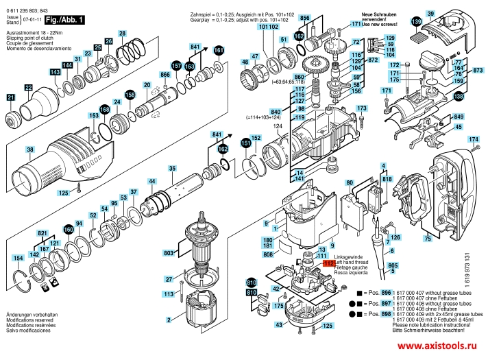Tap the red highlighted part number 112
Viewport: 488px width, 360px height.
[x=328, y=262]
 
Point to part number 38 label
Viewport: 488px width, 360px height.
[x=29, y=149]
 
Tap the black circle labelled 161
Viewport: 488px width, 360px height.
[x=219, y=50]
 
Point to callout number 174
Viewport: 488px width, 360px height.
[x=472, y=139]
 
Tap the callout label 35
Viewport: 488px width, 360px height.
[x=172, y=169]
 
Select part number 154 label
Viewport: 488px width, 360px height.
[x=18, y=258]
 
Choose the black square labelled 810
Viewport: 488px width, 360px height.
[x=252, y=283]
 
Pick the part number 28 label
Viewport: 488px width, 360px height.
[x=121, y=33]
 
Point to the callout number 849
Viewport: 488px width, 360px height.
[x=459, y=117]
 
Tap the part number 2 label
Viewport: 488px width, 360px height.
[x=169, y=319]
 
